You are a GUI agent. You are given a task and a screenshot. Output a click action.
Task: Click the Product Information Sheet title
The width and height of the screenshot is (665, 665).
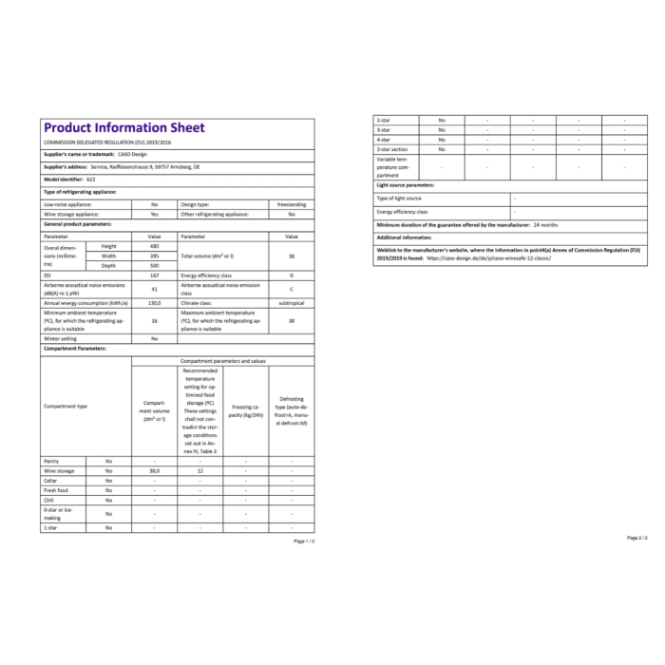tap(124, 128)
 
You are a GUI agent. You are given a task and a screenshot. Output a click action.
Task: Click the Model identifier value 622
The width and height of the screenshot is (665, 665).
tap(91, 179)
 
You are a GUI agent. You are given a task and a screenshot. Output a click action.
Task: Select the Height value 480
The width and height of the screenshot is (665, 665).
tap(154, 246)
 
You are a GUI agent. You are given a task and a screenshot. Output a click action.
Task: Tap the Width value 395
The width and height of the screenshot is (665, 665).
tap(154, 256)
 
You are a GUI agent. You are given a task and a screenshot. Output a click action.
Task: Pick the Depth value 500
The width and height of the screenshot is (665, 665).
tap(154, 265)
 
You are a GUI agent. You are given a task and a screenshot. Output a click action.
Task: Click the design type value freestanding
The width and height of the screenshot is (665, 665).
tap(292, 203)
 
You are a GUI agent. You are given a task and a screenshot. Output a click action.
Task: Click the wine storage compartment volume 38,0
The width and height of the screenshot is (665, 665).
tap(154, 470)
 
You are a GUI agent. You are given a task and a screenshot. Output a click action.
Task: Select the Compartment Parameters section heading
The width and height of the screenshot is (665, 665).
tap(75, 349)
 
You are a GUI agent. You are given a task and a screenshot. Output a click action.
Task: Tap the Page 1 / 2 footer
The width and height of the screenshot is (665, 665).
tap(304, 541)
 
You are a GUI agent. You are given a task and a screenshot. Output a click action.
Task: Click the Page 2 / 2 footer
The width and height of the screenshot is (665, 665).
tap(636, 538)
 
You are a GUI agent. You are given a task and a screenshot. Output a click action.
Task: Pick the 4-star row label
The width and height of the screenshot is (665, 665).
tap(385, 140)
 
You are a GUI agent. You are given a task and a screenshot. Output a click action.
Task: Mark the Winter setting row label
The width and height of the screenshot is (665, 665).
tap(61, 338)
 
